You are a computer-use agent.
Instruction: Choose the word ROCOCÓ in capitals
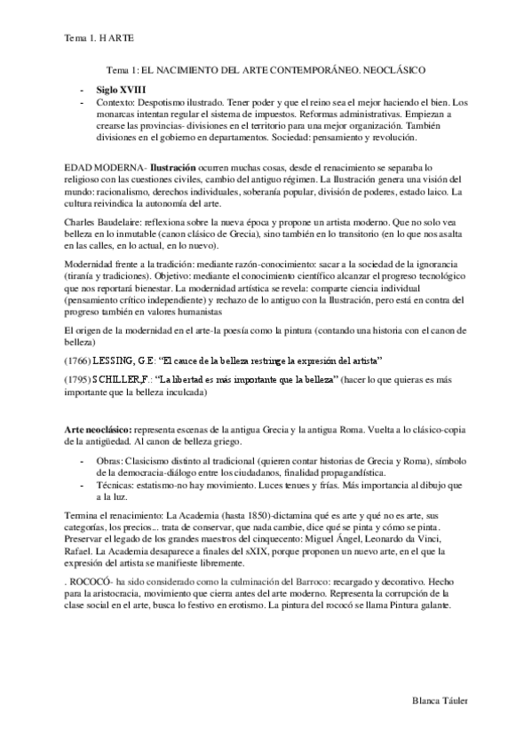tap(95, 580)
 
